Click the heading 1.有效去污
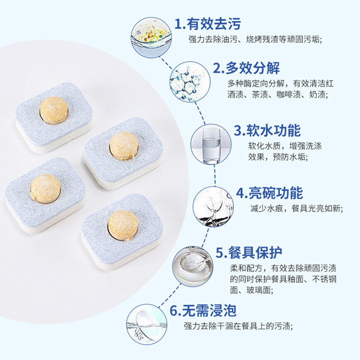[207, 25]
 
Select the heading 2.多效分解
[246, 68]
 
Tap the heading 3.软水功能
[267, 131]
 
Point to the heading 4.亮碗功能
[270, 193]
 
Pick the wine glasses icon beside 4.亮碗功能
[210, 206]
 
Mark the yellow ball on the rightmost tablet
[124, 145]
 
